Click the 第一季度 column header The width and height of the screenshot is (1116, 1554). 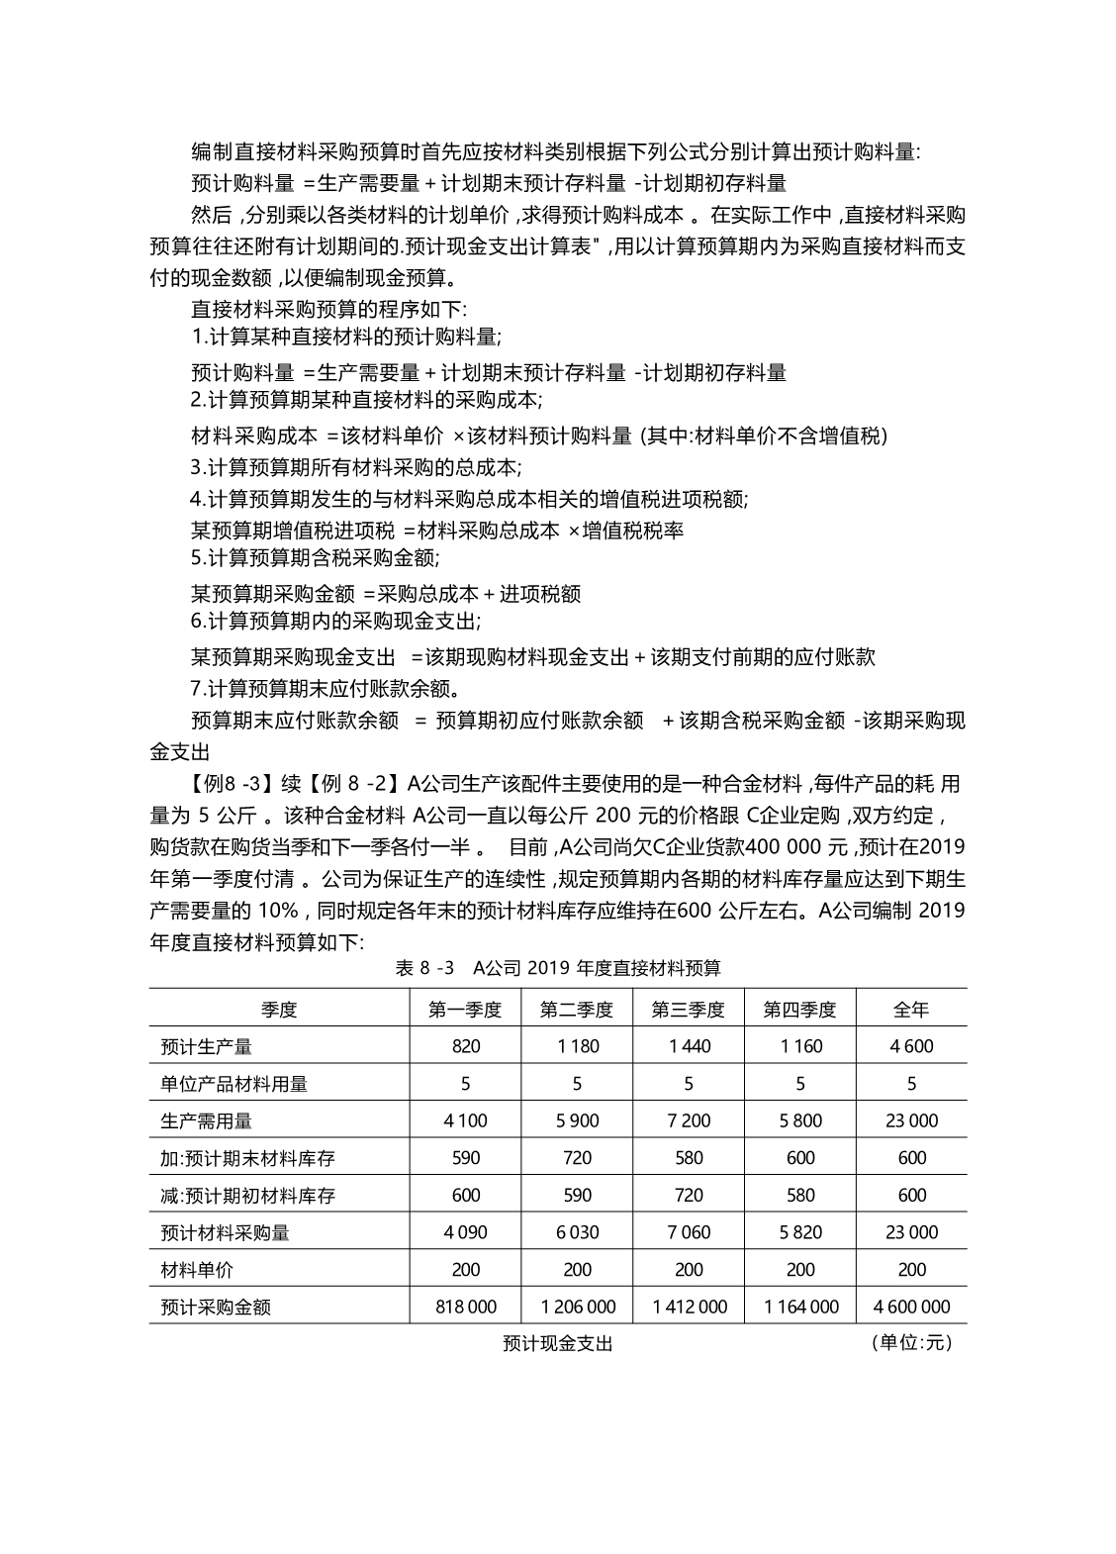(465, 1010)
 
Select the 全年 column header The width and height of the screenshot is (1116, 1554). (910, 1010)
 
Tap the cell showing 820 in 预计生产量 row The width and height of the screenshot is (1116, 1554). (465, 1046)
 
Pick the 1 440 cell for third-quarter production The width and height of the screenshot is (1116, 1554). (689, 1046)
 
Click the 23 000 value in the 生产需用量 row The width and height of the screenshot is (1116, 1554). (910, 1120)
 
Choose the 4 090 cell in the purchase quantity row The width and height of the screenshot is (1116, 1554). (465, 1232)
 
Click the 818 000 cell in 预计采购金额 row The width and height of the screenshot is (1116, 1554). (465, 1307)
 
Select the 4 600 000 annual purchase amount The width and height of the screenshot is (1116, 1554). (911, 1307)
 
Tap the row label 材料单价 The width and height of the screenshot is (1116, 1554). (197, 1269)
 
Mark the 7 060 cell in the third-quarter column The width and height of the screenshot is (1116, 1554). (689, 1232)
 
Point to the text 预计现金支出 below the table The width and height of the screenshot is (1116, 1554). (558, 1343)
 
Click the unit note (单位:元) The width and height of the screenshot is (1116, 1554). (911, 1343)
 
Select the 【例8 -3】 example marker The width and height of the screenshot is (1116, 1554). (231, 784)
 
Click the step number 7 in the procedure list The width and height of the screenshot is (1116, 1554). (196, 688)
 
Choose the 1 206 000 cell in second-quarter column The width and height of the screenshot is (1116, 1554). (577, 1307)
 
